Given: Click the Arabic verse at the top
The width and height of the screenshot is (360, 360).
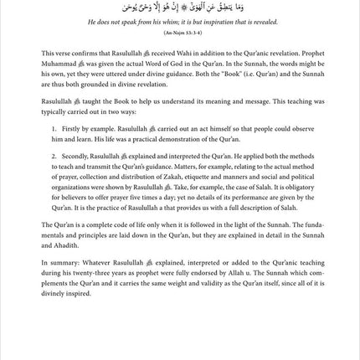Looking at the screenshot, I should (181, 16).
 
